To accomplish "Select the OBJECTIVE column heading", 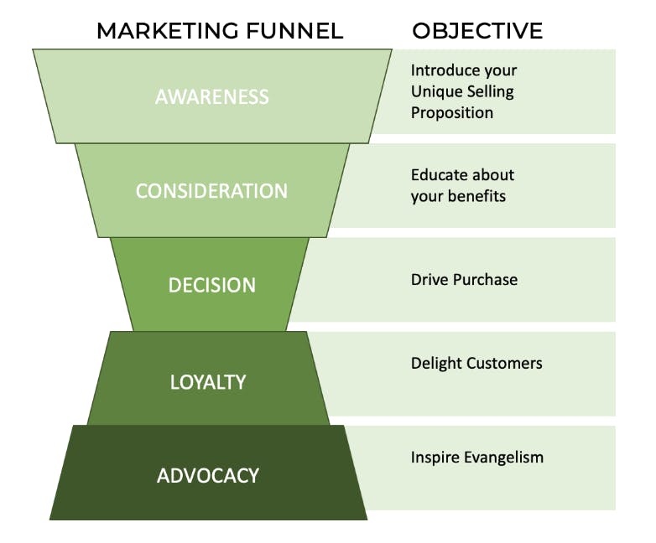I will pyautogui.click(x=477, y=31).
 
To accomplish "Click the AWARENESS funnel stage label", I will pyautogui.click(x=212, y=96).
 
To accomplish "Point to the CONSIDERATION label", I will pyautogui.click(x=211, y=191).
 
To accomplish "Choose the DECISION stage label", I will pyautogui.click(x=211, y=285).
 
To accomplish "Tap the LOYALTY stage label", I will pyautogui.click(x=208, y=382).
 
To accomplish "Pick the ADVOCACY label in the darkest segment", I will pyautogui.click(x=208, y=476).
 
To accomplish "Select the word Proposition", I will pyautogui.click(x=451, y=112).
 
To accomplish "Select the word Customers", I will pyautogui.click(x=505, y=363).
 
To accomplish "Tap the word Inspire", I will pyautogui.click(x=433, y=458).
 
